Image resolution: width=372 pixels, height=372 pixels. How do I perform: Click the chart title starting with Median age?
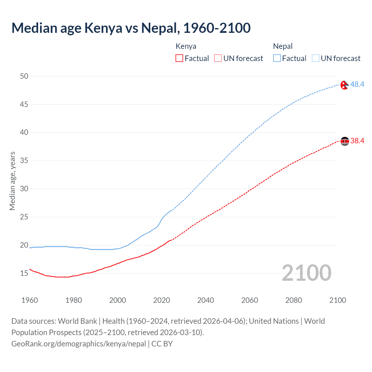point(131,28)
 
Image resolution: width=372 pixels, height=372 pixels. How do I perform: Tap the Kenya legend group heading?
point(186,46)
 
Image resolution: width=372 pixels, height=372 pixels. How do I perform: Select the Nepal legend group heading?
point(283,46)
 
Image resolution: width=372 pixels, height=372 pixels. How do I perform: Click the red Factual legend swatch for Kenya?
point(179,58)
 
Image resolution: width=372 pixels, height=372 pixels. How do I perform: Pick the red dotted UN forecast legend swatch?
point(218,58)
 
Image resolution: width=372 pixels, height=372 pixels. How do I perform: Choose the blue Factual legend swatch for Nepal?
point(277,58)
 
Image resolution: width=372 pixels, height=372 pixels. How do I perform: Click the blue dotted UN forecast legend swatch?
point(316,58)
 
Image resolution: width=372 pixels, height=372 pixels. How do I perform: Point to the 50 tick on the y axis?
point(24,76)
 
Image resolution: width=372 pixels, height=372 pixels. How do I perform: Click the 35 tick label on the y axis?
point(24,161)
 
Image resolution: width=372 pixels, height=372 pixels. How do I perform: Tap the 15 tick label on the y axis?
point(24,273)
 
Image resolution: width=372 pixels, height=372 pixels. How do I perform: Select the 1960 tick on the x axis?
point(30,300)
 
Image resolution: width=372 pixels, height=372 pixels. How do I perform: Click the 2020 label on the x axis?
point(162,300)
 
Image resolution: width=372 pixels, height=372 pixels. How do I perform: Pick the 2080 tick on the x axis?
point(294,300)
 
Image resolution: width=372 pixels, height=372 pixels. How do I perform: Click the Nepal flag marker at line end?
point(344,85)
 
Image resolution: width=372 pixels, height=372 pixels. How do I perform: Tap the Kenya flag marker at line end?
point(345,141)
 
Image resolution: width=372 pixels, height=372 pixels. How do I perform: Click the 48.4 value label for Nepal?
point(357,84)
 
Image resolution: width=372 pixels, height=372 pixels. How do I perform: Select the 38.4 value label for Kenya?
point(357,141)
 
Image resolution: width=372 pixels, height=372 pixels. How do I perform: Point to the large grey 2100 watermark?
point(306,273)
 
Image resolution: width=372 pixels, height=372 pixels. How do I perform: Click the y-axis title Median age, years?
point(12,181)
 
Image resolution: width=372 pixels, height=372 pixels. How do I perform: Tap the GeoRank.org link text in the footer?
point(78,344)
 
